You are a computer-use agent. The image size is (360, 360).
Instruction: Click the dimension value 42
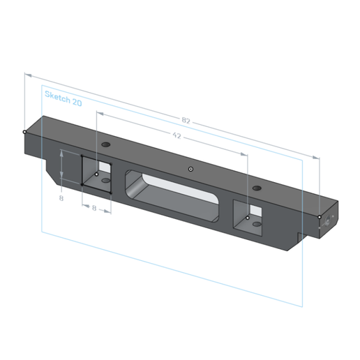176,136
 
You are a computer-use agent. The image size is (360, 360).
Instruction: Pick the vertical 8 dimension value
61,198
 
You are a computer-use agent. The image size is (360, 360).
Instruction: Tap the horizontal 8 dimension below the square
94,208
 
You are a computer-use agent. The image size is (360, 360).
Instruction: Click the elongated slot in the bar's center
172,194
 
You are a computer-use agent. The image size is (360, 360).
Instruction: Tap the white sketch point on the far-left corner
24,131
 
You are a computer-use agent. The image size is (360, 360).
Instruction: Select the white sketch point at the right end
320,217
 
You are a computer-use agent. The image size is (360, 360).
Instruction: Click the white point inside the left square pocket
96,174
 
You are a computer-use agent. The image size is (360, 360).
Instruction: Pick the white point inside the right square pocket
249,218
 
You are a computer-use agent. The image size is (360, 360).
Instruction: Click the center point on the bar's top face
190,168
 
